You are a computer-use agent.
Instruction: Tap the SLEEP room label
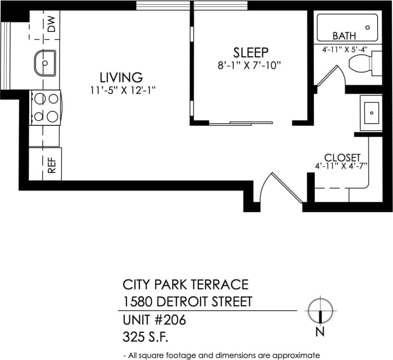(251, 52)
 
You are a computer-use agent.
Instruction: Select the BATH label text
(344, 36)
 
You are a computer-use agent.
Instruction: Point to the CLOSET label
(342, 157)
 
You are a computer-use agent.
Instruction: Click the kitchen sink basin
(45, 63)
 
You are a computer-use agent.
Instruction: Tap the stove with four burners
(45, 107)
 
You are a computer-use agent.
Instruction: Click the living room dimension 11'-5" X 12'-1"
(123, 90)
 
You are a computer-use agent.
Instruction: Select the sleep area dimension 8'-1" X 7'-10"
(251, 65)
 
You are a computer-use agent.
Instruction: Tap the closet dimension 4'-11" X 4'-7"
(341, 166)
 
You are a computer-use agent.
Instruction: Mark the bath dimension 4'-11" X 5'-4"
(345, 50)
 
